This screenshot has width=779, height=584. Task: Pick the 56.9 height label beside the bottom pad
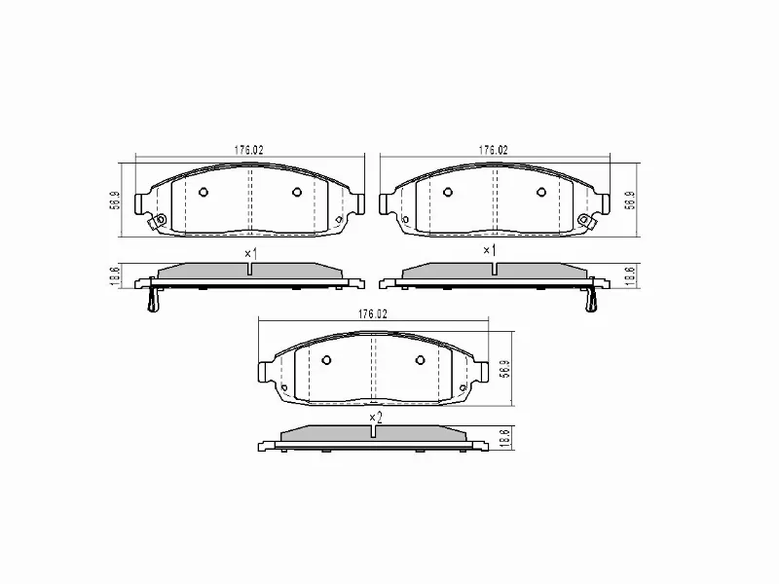pyautogui.click(x=504, y=369)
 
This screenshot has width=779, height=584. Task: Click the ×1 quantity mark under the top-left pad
pyautogui.click(x=249, y=253)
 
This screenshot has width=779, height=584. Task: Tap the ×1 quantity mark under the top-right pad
pyautogui.click(x=490, y=251)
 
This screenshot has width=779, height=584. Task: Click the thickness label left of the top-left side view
pyautogui.click(x=115, y=276)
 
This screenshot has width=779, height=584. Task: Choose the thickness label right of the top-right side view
pyautogui.click(x=630, y=276)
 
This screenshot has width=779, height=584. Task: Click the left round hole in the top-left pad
pyautogui.click(x=204, y=192)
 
